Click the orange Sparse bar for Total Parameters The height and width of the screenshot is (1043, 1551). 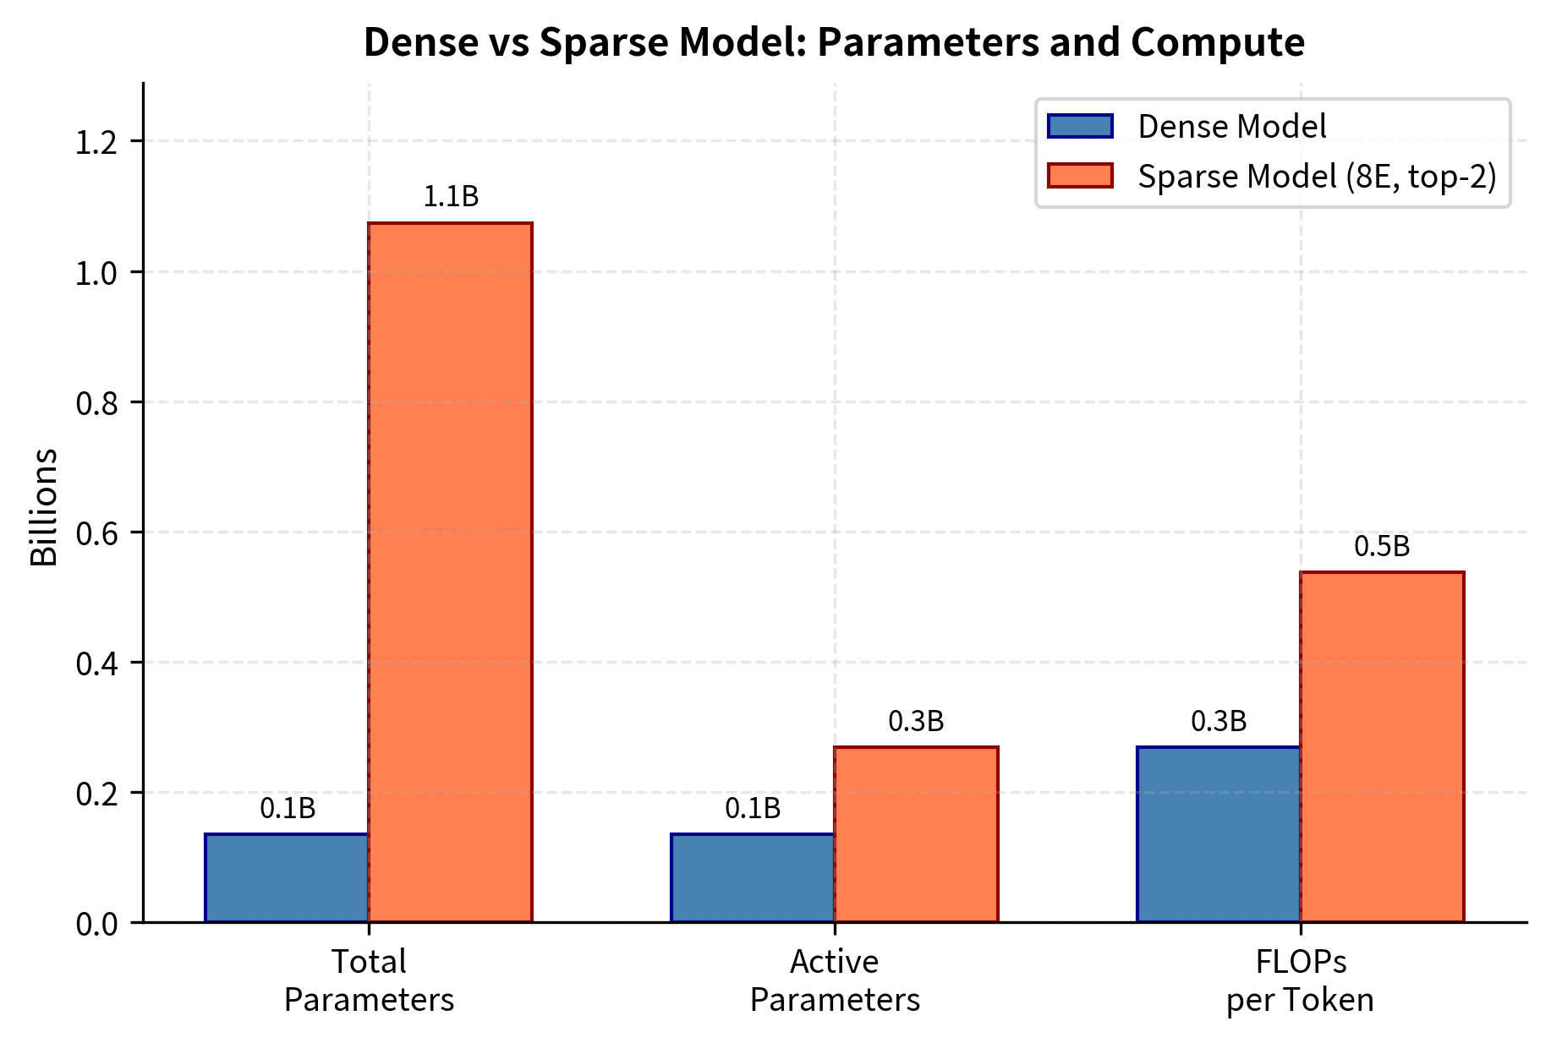450,572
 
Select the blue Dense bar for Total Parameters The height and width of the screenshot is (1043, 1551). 287,878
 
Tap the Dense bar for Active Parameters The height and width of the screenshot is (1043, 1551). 753,878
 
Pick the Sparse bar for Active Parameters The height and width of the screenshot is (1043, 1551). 916,834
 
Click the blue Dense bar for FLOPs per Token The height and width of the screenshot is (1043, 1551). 1219,834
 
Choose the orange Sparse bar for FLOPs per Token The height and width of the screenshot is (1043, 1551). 1382,747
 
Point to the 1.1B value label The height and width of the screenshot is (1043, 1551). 451,197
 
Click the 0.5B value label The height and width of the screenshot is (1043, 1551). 1382,547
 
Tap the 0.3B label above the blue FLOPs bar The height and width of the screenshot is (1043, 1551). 1219,721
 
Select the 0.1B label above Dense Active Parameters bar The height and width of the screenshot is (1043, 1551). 753,809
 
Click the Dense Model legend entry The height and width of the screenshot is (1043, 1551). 1231,127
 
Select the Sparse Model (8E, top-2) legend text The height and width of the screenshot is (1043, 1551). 1317,176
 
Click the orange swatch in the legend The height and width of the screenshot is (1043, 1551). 1080,176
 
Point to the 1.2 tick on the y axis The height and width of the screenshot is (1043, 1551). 96,142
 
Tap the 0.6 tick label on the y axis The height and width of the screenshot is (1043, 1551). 96,533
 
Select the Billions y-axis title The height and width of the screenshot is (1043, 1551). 44,507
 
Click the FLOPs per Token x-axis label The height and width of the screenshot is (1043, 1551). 1300,980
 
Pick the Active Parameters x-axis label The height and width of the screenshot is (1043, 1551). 835,980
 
